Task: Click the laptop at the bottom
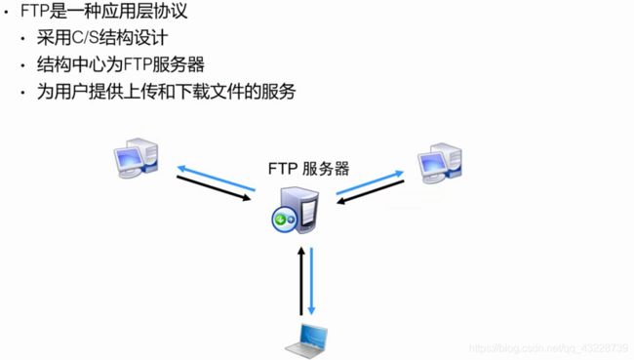point(306,337)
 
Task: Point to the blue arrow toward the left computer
point(216,177)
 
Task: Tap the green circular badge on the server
point(282,220)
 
